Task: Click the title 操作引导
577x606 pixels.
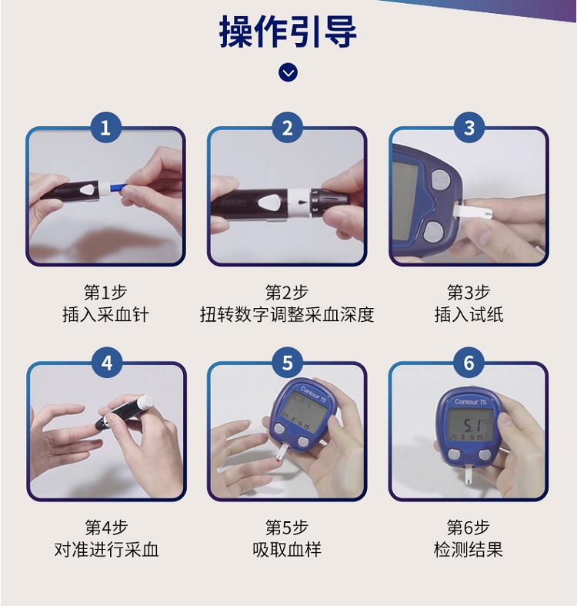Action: (288, 32)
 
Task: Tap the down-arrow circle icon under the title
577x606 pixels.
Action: (288, 72)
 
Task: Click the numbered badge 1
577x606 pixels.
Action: (105, 128)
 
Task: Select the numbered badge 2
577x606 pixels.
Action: (287, 128)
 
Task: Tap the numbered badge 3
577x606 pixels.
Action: (469, 128)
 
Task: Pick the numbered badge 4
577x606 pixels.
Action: (107, 363)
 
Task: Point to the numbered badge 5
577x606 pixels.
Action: (287, 363)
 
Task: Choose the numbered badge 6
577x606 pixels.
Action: (469, 363)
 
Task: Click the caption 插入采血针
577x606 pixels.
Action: (105, 315)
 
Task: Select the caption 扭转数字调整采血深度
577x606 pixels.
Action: (287, 315)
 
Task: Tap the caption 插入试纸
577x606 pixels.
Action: (469, 315)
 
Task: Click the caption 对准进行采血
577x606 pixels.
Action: (107, 550)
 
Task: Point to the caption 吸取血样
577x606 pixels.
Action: (287, 550)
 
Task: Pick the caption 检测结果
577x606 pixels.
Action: (469, 550)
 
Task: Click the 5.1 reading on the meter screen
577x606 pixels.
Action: (472, 425)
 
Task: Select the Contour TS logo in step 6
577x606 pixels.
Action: (470, 402)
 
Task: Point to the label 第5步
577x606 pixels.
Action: (287, 527)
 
